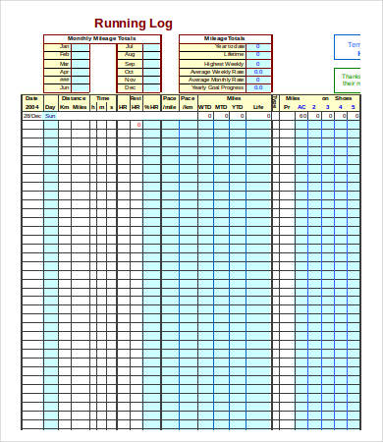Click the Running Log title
133,24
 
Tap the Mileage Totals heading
224,38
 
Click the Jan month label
65,46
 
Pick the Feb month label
65,54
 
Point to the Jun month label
65,87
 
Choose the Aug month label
130,54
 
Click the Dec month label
130,87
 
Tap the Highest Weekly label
225,63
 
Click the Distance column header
74,98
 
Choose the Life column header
257,106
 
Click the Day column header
50,106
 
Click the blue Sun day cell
50,116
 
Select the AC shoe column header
302,106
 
